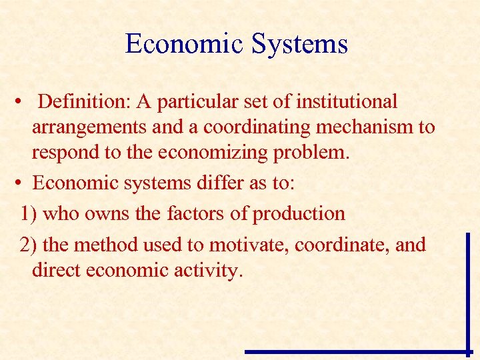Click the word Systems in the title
click(299, 45)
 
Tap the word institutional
click(347, 102)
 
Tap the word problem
click(315, 152)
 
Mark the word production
click(299, 214)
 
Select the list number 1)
click(29, 214)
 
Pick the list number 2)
click(29, 245)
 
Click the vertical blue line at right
click(468, 291)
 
